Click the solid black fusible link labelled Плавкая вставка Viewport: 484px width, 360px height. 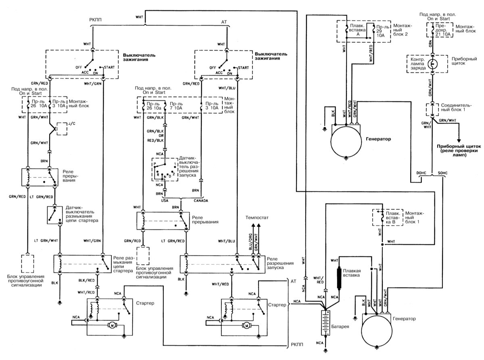coord(340,278)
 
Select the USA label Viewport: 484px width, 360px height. coord(165,200)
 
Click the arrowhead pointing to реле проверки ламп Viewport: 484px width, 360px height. coord(459,138)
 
